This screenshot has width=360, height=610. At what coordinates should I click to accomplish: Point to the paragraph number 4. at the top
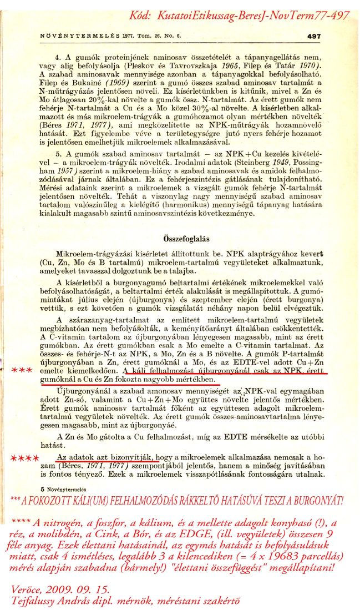click(58, 57)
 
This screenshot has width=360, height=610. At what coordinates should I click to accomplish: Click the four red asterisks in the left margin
click(24, 459)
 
